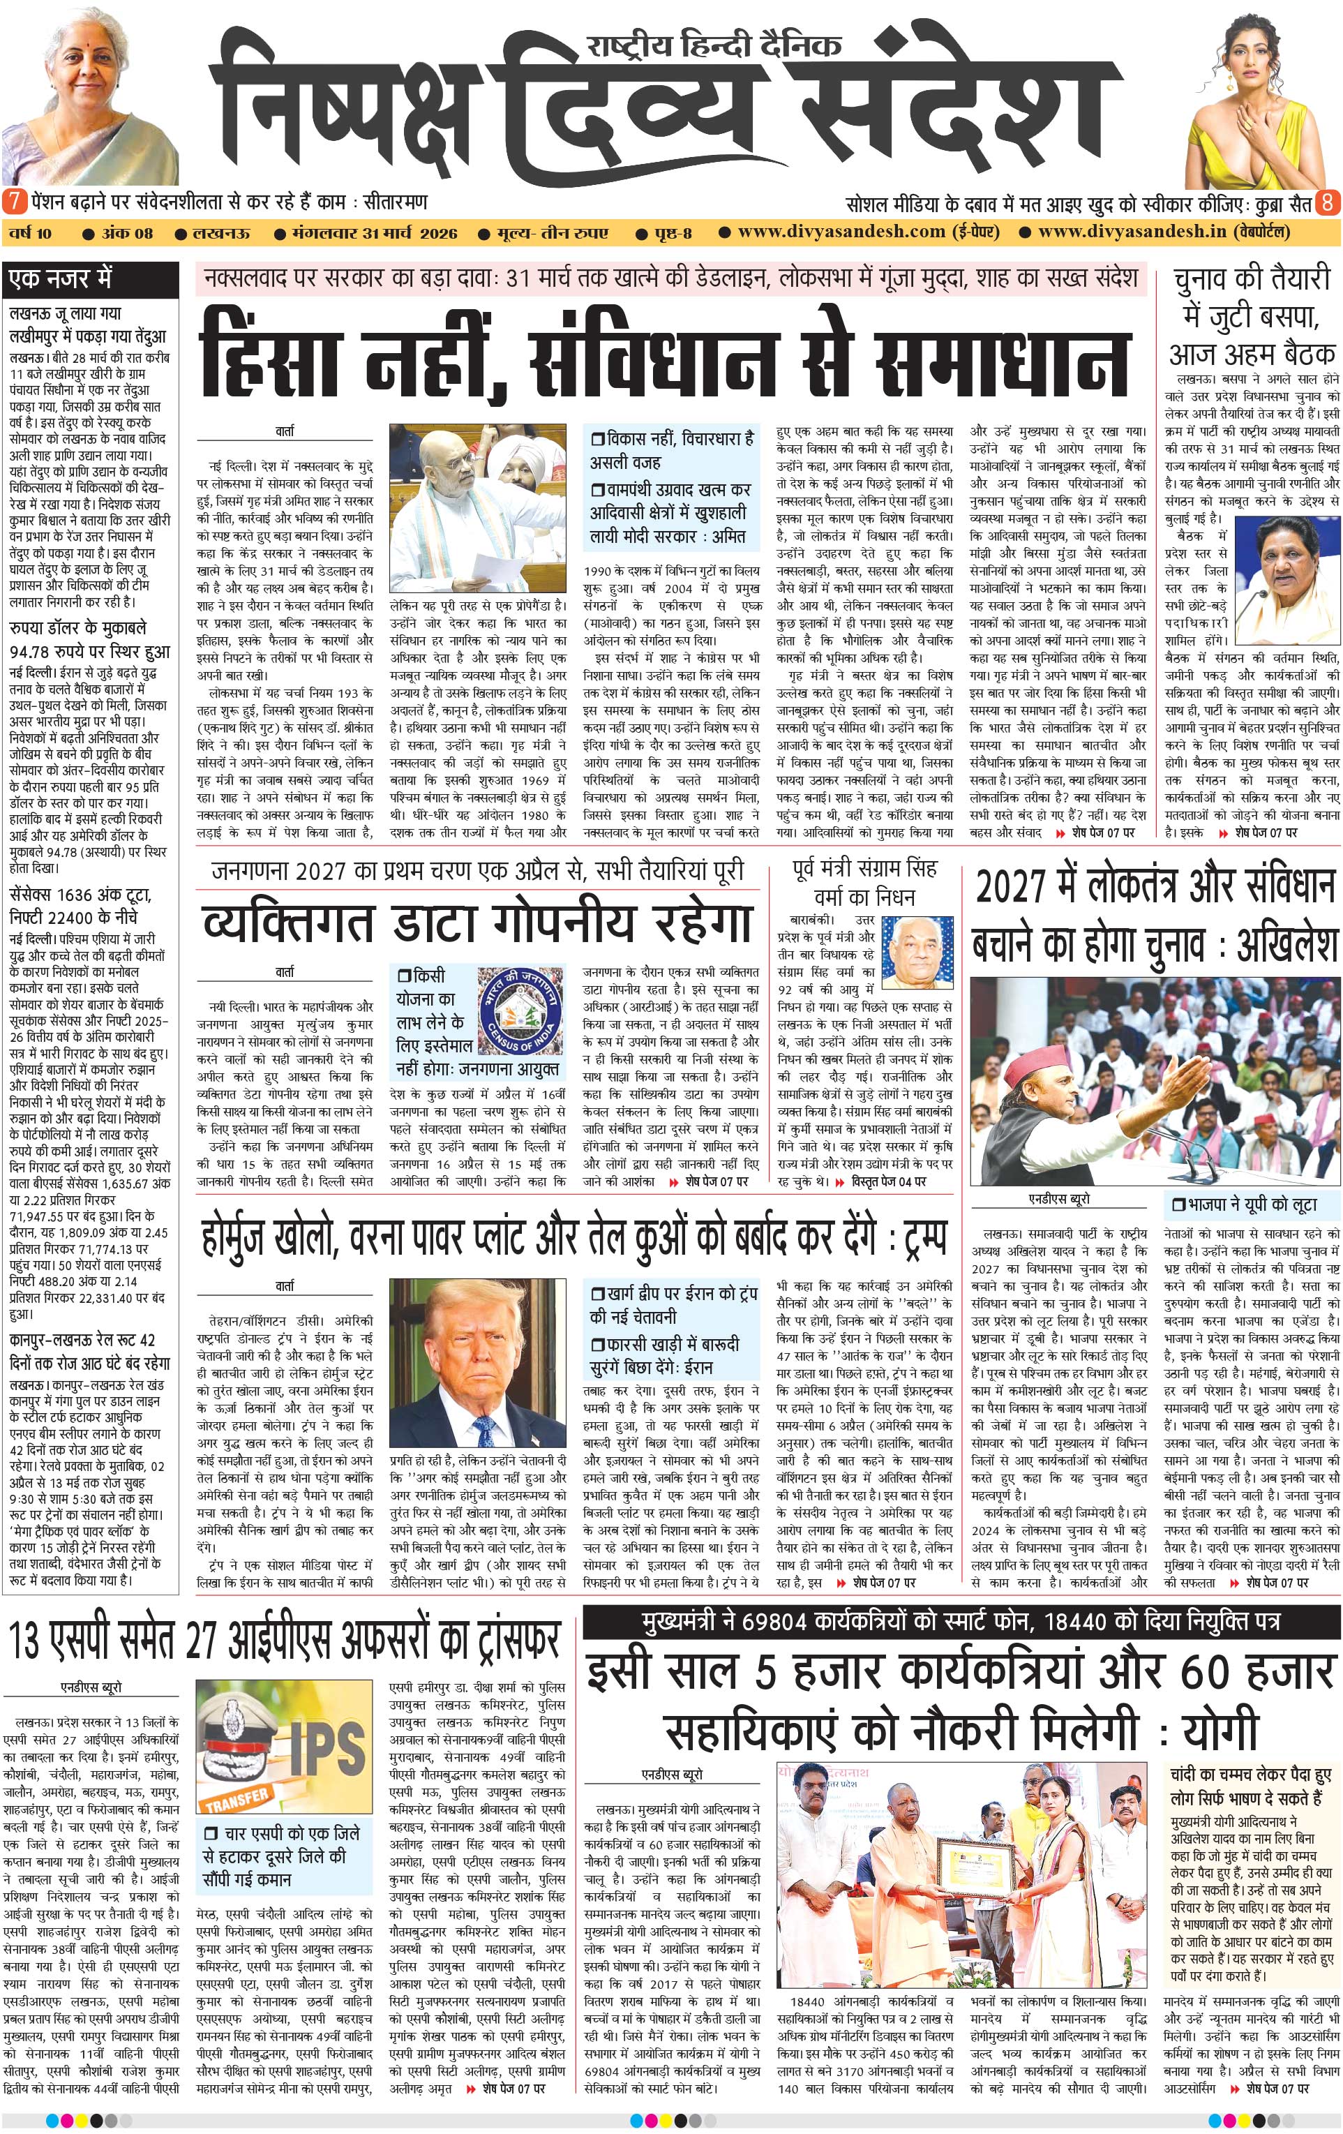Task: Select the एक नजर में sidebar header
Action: (x=62, y=279)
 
